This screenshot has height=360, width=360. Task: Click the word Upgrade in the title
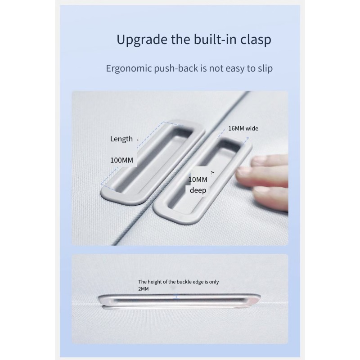pyautogui.click(x=142, y=40)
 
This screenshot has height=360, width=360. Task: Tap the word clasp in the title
pyautogui.click(x=256, y=40)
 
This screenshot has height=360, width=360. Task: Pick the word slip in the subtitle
pyautogui.click(x=265, y=68)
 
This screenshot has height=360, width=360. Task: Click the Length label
pyautogui.click(x=121, y=139)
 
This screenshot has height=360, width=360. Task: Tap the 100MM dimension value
pyautogui.click(x=121, y=160)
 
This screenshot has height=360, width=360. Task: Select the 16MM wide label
pyautogui.click(x=243, y=128)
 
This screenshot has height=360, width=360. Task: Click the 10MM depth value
pyautogui.click(x=198, y=180)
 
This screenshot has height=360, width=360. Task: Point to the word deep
pyautogui.click(x=198, y=190)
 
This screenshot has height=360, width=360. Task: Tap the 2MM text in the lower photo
pyautogui.click(x=143, y=289)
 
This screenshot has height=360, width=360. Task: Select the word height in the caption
pyautogui.click(x=154, y=282)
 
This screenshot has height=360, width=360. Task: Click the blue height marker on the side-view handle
pyautogui.click(x=176, y=297)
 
